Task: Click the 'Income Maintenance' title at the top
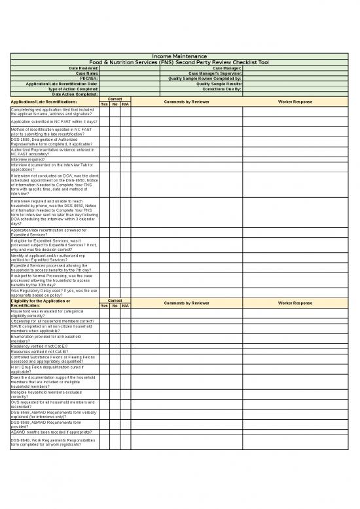tap(179, 56)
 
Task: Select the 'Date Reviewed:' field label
tap(84, 67)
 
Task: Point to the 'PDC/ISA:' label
tap(89, 78)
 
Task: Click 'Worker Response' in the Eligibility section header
tap(295, 303)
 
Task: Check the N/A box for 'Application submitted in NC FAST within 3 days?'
tap(125, 122)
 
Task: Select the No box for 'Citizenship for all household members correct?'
tap(115, 321)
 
